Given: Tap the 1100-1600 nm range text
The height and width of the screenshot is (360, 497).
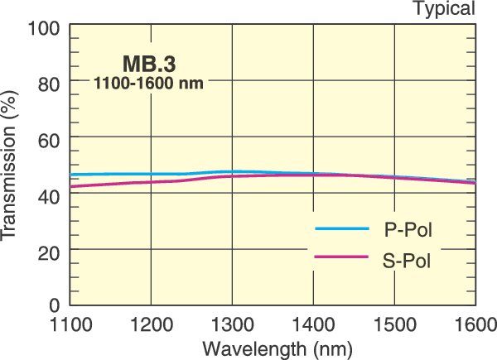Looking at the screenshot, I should pos(149,83).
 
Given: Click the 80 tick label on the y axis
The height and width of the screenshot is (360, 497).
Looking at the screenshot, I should pos(49,83).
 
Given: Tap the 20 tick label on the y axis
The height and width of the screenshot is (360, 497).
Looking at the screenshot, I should pos(49,251).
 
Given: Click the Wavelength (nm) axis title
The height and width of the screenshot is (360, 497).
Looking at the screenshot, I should pos(272,347).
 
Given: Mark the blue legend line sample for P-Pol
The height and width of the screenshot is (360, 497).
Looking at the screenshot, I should pos(340,228).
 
